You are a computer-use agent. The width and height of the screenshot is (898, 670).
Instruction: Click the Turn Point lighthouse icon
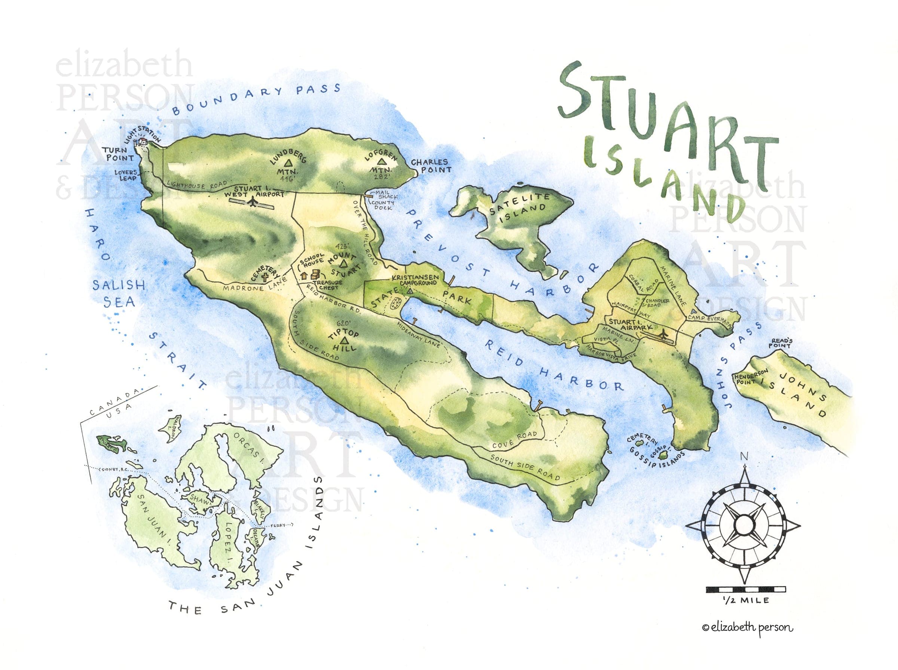tap(143, 142)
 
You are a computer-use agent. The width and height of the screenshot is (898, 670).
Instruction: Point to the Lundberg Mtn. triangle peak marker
tap(288, 163)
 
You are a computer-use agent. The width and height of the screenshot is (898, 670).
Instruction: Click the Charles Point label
tap(431, 166)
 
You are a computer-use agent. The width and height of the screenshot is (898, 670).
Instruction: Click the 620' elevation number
tap(343, 323)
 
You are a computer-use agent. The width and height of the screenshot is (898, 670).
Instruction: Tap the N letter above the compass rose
tap(744, 457)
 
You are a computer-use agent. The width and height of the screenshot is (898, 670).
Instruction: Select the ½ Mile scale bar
tap(746, 589)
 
